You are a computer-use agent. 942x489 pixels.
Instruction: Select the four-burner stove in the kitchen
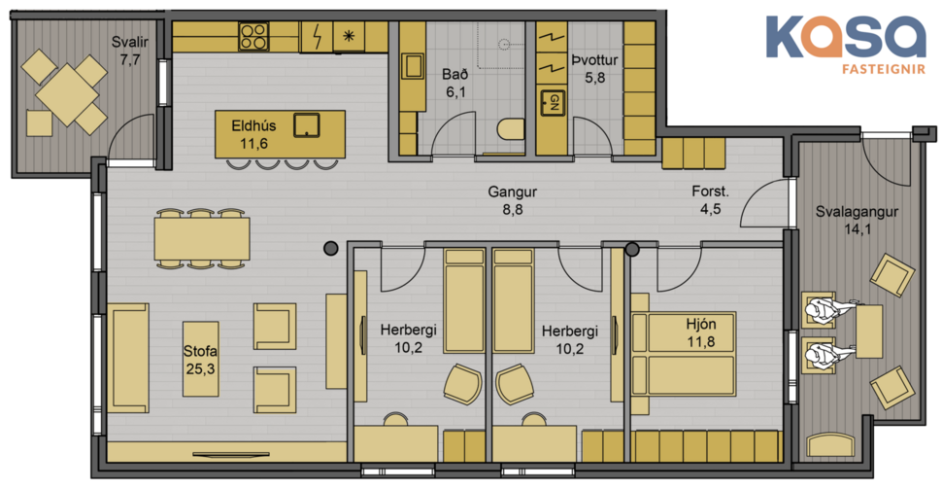[253, 37]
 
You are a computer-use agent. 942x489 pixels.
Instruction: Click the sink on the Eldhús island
[308, 125]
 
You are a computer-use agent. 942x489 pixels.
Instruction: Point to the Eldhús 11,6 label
[253, 134]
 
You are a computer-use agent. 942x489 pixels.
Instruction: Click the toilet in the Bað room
[509, 129]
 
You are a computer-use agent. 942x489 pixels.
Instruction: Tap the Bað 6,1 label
[455, 83]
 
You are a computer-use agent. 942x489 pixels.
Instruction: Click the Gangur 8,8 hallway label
[512, 199]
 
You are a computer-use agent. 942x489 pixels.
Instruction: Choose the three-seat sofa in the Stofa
[128, 358]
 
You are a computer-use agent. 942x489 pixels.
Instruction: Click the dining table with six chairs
[201, 238]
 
